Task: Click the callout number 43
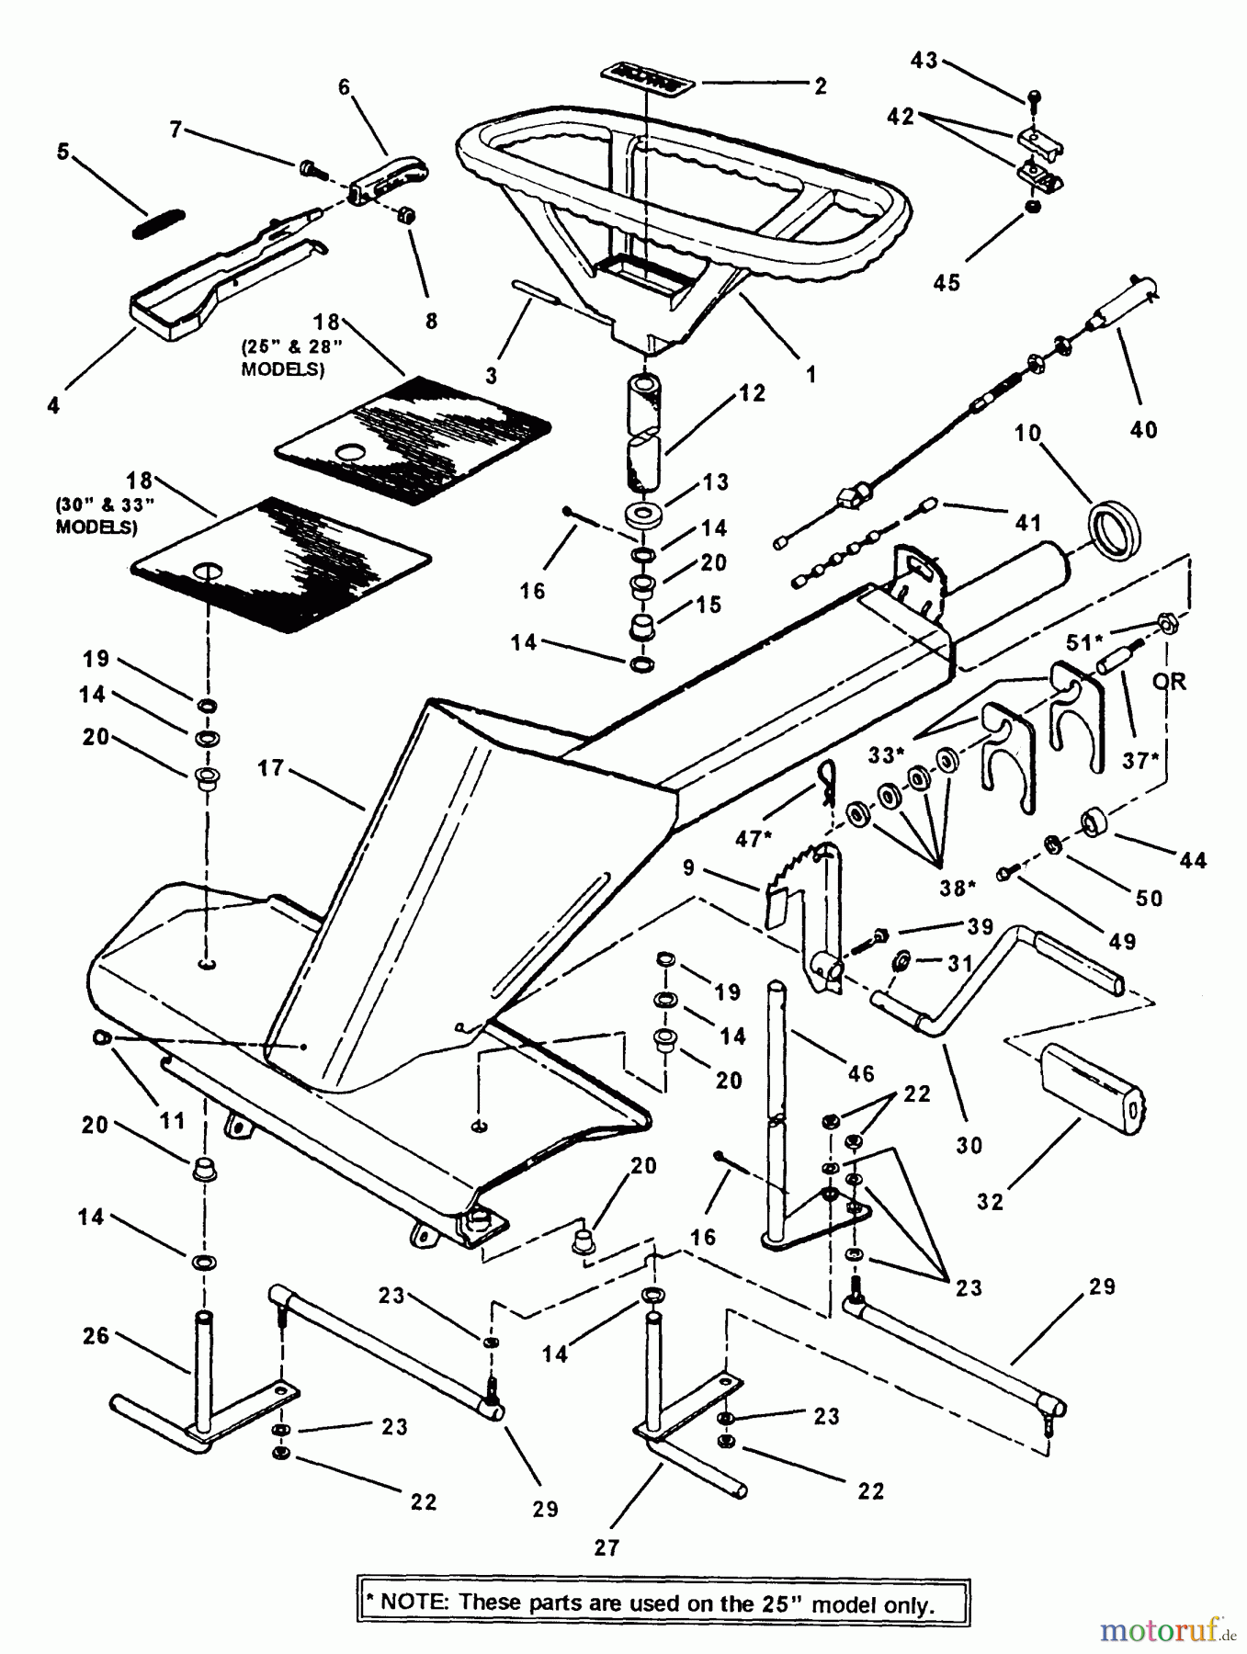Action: tap(924, 61)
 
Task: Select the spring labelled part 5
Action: tap(158, 224)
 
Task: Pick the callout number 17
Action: tap(270, 767)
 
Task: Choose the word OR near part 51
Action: tap(1168, 681)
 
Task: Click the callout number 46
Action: tap(861, 1073)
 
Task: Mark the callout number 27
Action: tap(606, 1547)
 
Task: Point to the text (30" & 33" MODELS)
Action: tap(105, 515)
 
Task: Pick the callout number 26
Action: tap(96, 1336)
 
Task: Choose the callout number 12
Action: tap(752, 393)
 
